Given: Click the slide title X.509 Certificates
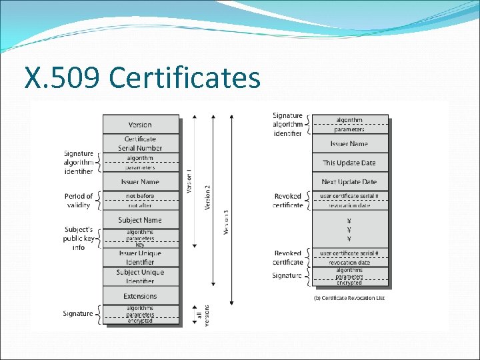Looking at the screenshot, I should (x=142, y=78).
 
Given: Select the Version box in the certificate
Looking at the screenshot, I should (x=140, y=125).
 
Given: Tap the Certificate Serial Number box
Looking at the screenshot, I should (x=140, y=143).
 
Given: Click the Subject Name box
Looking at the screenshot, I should (x=140, y=220).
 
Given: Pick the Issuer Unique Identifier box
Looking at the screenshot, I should (x=140, y=258).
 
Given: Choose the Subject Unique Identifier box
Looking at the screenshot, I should (x=140, y=277).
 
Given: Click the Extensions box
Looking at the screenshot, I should (x=140, y=296).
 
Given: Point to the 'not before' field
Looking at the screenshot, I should (x=140, y=196).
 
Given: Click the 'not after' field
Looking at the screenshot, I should (x=140, y=205).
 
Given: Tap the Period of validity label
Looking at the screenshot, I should (x=79, y=201).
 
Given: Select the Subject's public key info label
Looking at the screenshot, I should (x=79, y=239).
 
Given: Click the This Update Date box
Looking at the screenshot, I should (x=349, y=163).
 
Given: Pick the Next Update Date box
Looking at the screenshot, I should (x=349, y=182).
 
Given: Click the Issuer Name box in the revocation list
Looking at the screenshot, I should (x=349, y=144).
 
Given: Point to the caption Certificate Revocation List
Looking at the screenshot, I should (x=349, y=297).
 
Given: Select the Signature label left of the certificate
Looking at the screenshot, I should (x=78, y=313).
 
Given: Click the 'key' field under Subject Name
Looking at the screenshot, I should (x=140, y=245).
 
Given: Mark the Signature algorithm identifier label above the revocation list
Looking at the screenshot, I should (x=287, y=124).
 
